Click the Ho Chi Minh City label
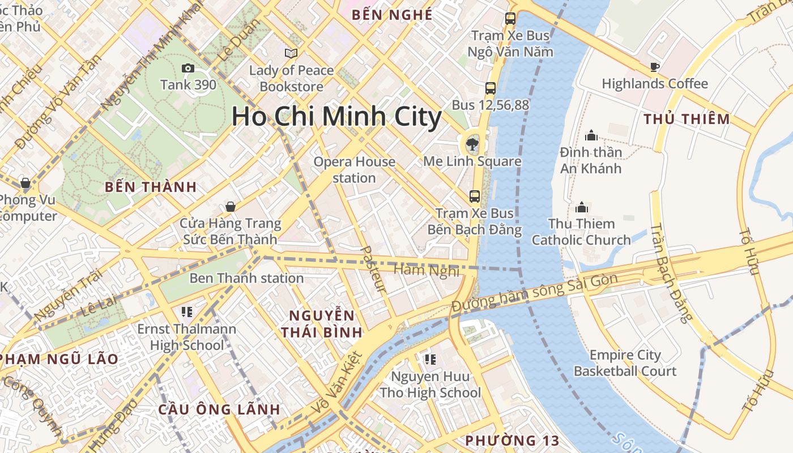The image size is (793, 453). coord(336,117)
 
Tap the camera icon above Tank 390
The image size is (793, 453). coord(188,69)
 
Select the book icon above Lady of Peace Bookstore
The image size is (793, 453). coord(291,53)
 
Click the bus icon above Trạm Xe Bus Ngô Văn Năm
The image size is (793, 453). coord(510,19)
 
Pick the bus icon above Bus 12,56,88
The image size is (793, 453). coord(491,88)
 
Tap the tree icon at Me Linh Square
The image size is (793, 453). coord(471,144)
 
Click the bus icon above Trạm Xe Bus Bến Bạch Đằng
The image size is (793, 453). coord(475,196)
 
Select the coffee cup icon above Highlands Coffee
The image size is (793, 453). coord(655,67)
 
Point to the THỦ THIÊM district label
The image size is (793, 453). coord(687,119)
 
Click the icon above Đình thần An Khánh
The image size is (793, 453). coord(591,135)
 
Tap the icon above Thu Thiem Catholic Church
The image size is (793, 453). coord(581,207)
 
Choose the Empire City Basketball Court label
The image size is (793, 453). coord(625,363)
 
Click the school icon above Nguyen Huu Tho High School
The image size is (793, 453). coord(430,359)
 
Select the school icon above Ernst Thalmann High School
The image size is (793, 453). coord(187,311)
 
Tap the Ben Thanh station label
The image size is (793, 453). coord(246,278)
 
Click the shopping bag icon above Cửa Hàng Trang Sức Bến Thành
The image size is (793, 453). coord(230,207)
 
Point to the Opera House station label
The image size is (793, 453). coord(355,169)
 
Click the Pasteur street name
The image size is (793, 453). coord(373,270)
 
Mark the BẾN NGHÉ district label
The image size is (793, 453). coord(392,15)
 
